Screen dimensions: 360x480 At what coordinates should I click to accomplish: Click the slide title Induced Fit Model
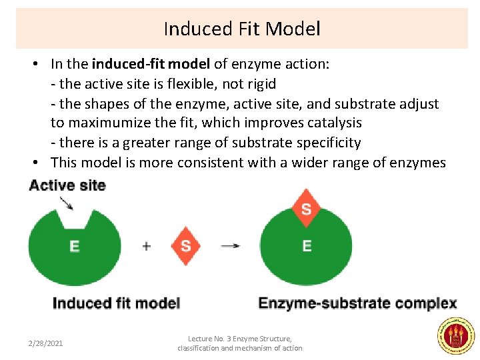pos(241,29)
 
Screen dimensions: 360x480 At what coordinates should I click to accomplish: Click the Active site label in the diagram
pos(67,185)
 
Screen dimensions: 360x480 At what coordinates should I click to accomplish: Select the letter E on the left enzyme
pos(74,246)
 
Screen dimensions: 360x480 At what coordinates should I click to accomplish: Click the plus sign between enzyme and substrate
pos(146,246)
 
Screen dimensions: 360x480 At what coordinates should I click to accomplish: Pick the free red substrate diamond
pos(185,245)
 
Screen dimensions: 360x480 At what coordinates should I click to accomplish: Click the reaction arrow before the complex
pos(231,245)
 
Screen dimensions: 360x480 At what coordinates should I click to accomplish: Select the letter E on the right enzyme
pos(307,246)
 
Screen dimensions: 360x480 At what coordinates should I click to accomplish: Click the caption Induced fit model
pos(116,303)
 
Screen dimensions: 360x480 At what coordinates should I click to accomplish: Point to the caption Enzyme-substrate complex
pos(357,303)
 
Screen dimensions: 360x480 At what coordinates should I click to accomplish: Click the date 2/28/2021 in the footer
pos(46,343)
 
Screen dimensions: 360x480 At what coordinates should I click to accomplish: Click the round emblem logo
pos(455,335)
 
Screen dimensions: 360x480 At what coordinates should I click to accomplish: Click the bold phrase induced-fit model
pos(152,65)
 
